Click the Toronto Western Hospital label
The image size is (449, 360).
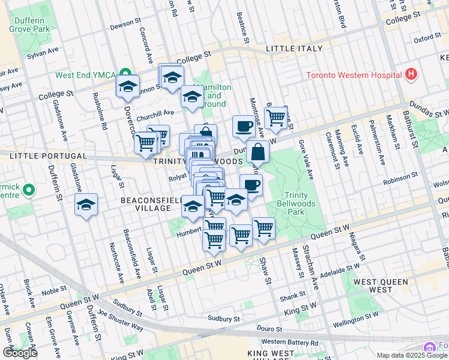coord(354,75)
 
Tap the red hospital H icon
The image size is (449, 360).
coord(411,74)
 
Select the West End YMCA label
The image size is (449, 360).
coord(85,75)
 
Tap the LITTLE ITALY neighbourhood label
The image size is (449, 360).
coord(294,49)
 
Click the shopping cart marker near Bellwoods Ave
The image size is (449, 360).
coord(276,117)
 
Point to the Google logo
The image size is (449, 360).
coord(20,353)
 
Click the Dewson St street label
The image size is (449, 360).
coord(125,26)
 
